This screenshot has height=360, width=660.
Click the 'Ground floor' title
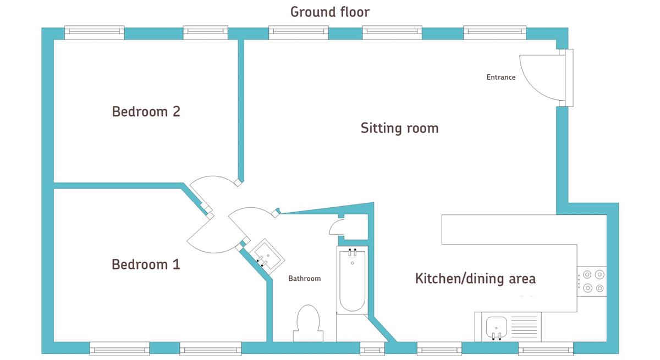pyautogui.click(x=329, y=12)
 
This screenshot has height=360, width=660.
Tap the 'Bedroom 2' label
pyautogui.click(x=146, y=112)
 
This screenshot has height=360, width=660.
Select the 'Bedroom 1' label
pyautogui.click(x=146, y=264)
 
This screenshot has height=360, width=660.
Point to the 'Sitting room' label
pyautogui.click(x=399, y=128)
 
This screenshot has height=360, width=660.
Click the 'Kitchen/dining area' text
pyautogui.click(x=475, y=279)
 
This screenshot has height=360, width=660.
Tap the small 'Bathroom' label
pyautogui.click(x=304, y=279)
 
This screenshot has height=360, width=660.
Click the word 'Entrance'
pyautogui.click(x=501, y=77)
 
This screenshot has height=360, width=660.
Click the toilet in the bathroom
pyautogui.click(x=308, y=323)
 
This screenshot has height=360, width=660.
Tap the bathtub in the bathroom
pyautogui.click(x=353, y=280)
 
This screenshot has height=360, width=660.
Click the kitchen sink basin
pyautogui.click(x=496, y=328)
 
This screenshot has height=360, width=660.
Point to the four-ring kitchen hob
pyautogui.click(x=592, y=281)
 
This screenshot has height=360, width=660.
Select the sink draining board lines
pyautogui.click(x=524, y=326)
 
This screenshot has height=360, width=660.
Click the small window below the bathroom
pyautogui.click(x=372, y=349)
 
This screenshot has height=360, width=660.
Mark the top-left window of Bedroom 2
pyautogui.click(x=94, y=32)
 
